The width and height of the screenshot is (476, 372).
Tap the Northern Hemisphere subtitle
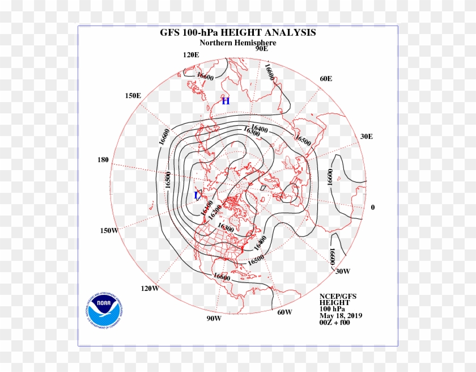pyautogui.click(x=238, y=43)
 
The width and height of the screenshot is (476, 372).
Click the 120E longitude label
pyautogui.click(x=191, y=55)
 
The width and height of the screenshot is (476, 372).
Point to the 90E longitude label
pyautogui.click(x=261, y=49)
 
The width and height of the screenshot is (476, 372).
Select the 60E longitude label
pyautogui.click(x=326, y=79)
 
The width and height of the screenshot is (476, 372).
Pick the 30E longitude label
pyautogui.click(x=367, y=136)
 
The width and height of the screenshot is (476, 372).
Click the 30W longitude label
pyautogui.click(x=343, y=271)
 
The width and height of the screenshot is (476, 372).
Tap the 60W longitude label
pyautogui.click(x=285, y=312)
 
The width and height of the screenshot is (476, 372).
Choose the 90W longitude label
pyautogui.click(x=214, y=318)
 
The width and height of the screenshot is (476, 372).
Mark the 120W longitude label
pyautogui.click(x=150, y=288)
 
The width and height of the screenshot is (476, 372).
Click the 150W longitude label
pyautogui.click(x=109, y=230)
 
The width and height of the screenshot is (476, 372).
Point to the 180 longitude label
pyautogui.click(x=103, y=160)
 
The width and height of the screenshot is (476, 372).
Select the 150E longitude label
pyautogui.click(x=133, y=96)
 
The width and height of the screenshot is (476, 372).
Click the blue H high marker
pyautogui.click(x=226, y=102)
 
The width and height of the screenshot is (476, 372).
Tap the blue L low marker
pyautogui.click(x=197, y=196)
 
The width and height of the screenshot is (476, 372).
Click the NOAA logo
pyautogui.click(x=104, y=310)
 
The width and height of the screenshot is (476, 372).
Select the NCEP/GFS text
pyautogui.click(x=338, y=297)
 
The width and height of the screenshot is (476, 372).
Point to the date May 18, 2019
pyautogui.click(x=341, y=316)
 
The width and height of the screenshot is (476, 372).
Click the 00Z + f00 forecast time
pyautogui.click(x=336, y=323)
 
